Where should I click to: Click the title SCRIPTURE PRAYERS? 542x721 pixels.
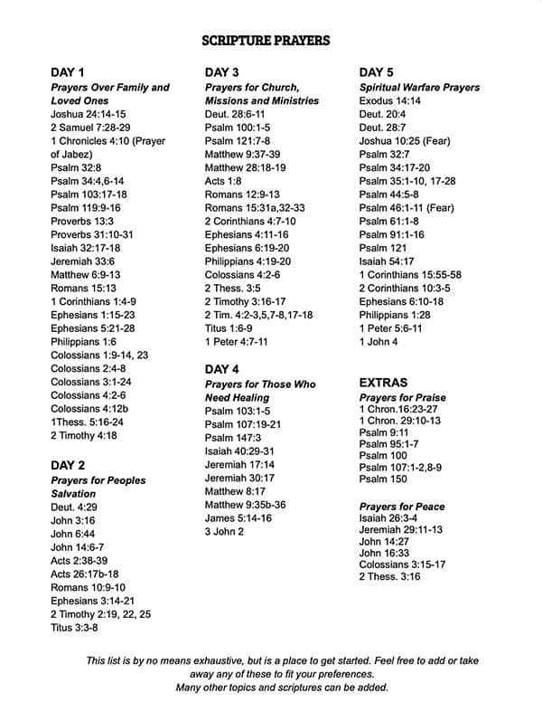pos(265,40)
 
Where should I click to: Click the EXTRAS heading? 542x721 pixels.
pos(383,383)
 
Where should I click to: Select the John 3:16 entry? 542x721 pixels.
pos(73,520)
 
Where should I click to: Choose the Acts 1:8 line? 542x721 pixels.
pos(223,181)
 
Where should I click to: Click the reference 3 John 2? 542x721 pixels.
pos(224,532)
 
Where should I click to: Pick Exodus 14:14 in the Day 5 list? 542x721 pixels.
pos(389,101)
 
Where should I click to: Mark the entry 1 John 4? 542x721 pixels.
pos(378,342)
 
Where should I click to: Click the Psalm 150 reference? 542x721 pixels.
pos(383,479)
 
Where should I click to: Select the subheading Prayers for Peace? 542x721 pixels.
pos(401,507)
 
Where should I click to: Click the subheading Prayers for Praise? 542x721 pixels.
pos(402,398)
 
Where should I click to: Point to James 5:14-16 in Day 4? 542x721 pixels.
pos(238,518)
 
